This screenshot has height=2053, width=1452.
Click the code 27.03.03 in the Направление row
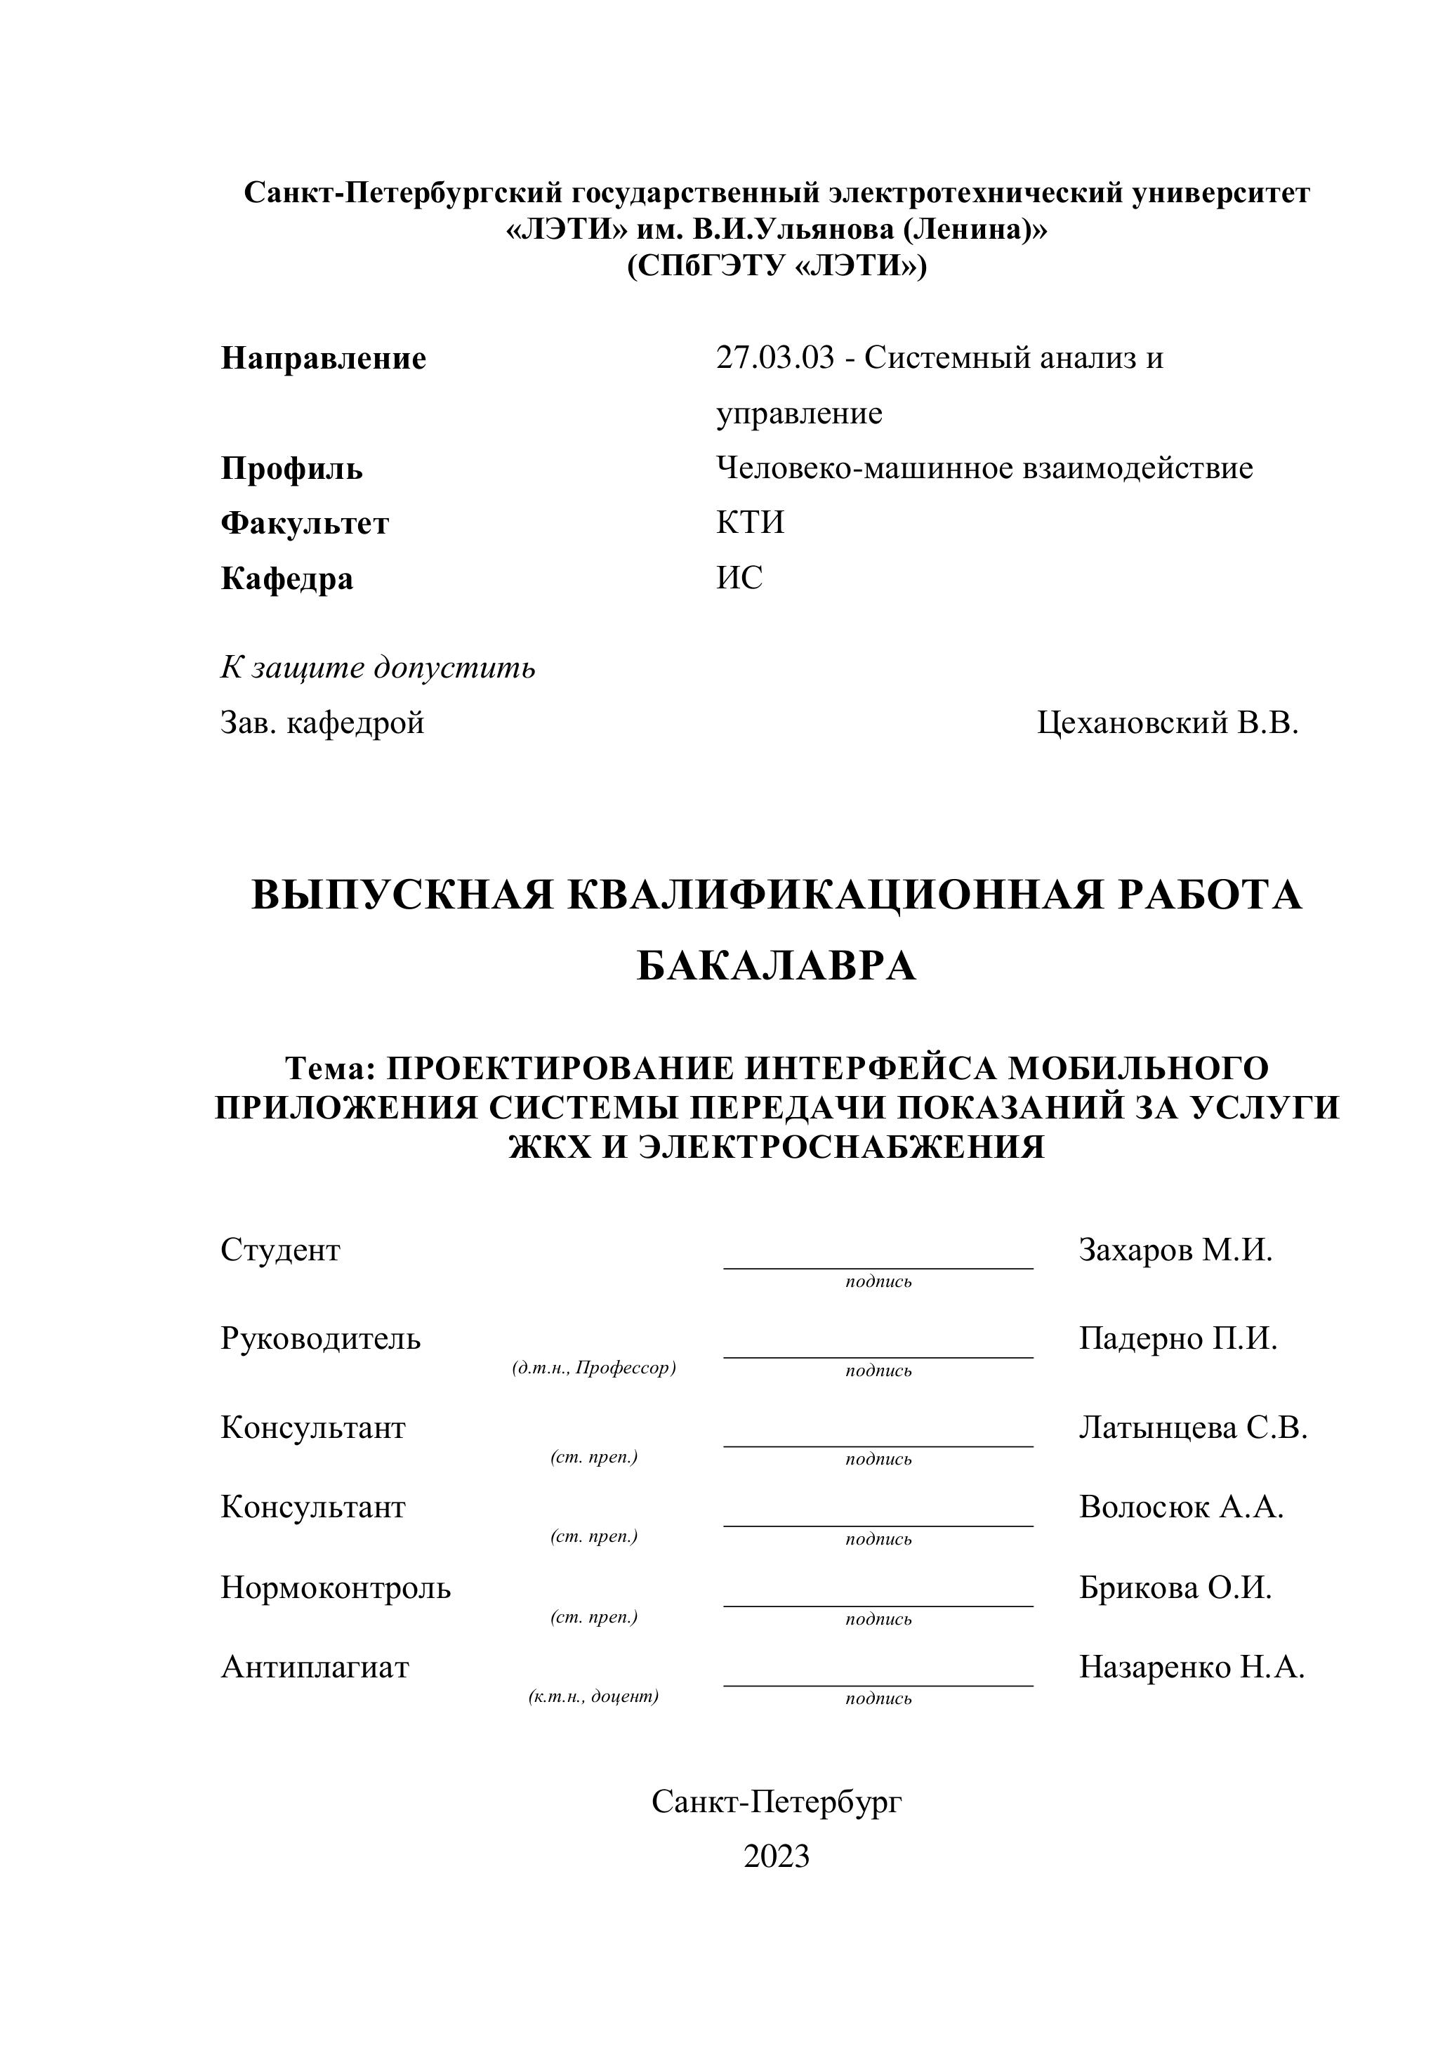[x=774, y=359]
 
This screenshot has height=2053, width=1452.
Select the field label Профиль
[x=291, y=468]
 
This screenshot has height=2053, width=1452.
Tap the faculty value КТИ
[x=749, y=523]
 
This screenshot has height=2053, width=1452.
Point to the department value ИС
[x=739, y=579]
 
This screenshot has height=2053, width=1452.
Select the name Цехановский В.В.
[x=1167, y=722]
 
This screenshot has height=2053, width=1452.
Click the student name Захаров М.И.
[x=1175, y=1249]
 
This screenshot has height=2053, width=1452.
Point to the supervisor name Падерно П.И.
[x=1177, y=1338]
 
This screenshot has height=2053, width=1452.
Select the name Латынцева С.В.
[x=1193, y=1428]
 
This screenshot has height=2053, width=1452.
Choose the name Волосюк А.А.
[x=1180, y=1507]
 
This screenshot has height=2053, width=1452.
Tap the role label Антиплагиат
[x=315, y=1667]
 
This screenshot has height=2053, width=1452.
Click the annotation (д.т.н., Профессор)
[x=594, y=1368]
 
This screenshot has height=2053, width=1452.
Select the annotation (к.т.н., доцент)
[x=594, y=1696]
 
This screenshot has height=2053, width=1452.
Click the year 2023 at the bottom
[x=776, y=1856]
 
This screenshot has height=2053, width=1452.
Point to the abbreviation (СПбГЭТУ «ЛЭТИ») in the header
[x=776, y=267]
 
